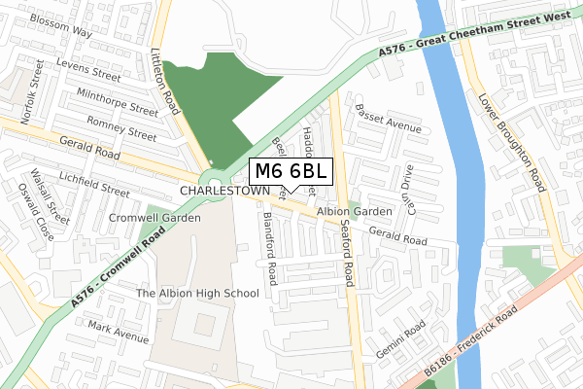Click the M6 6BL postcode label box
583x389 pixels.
click(x=292, y=171)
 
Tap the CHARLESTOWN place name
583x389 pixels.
click(x=223, y=192)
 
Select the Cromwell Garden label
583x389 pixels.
click(x=154, y=218)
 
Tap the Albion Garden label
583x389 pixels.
click(x=354, y=211)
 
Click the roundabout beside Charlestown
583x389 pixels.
click(x=209, y=179)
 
